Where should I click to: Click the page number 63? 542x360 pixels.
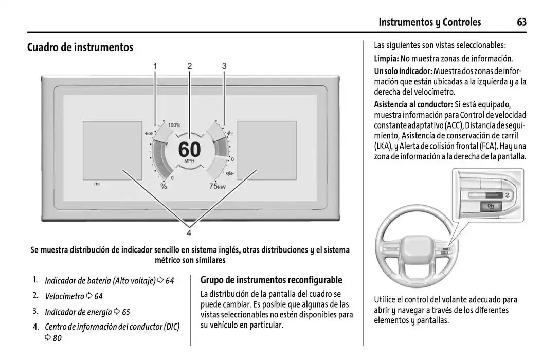click(521, 22)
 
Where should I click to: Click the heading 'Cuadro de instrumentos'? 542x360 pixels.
click(80, 48)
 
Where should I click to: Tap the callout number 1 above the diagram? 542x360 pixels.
click(155, 66)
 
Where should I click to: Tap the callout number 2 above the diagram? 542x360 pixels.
click(189, 66)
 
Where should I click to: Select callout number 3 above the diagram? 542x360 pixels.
click(224, 66)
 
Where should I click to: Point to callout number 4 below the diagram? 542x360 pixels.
click(189, 233)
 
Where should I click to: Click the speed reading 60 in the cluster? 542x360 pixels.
click(189, 150)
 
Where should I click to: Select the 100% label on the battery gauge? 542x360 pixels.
click(174, 125)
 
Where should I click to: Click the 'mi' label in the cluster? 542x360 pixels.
click(97, 184)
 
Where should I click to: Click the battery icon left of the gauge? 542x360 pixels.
click(149, 134)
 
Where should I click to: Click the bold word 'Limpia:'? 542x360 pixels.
click(386, 59)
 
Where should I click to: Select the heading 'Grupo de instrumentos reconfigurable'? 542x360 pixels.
click(271, 280)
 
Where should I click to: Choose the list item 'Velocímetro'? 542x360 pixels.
click(64, 296)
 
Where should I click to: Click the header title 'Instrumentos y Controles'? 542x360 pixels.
click(429, 22)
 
